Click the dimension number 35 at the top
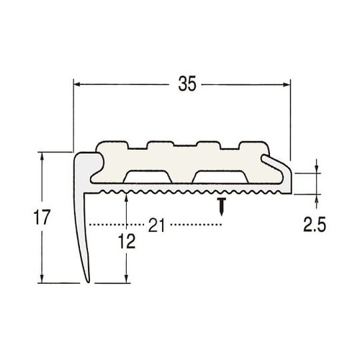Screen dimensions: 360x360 click(187, 84)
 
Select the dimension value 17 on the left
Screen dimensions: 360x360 click(42, 217)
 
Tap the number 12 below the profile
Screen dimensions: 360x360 click(127, 241)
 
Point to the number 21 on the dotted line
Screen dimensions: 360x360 click(156, 225)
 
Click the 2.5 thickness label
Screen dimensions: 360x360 click(315, 225)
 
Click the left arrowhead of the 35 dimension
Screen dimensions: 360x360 click(77, 84)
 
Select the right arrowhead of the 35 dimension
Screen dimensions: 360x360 click(287, 84)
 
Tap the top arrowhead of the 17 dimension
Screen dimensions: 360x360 click(42, 156)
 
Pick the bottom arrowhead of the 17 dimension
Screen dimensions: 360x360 click(42, 279)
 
